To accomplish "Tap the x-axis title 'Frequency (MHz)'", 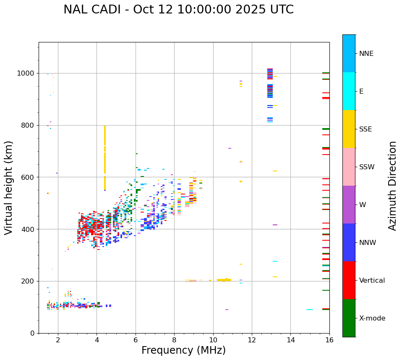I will pos(183,350).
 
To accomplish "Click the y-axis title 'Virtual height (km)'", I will pos(9,188).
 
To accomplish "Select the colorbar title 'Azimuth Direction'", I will pos(392,186).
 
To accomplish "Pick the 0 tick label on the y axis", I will pos(33,333).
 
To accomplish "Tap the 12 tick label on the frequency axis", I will pos(252,340).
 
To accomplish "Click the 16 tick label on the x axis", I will pos(329,340).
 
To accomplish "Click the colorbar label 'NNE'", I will pos(366,54).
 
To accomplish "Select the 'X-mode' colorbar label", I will pos(372,318).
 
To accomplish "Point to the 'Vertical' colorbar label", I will pos(372,281).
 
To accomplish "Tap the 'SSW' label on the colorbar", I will pos(366,167).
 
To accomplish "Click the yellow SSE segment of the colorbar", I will pos(349,129).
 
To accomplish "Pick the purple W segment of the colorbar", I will pos(349,205).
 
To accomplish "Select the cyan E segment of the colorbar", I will pos(349,91).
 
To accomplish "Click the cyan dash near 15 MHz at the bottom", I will pos(310,310).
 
